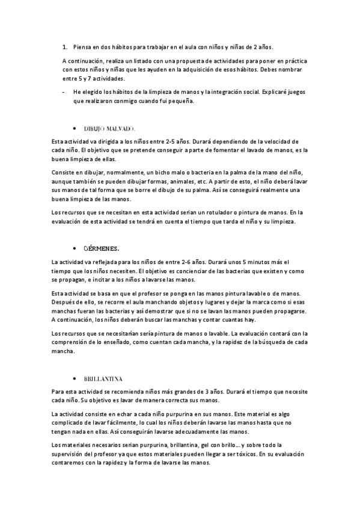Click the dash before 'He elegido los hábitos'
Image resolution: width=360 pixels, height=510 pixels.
[63, 92]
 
